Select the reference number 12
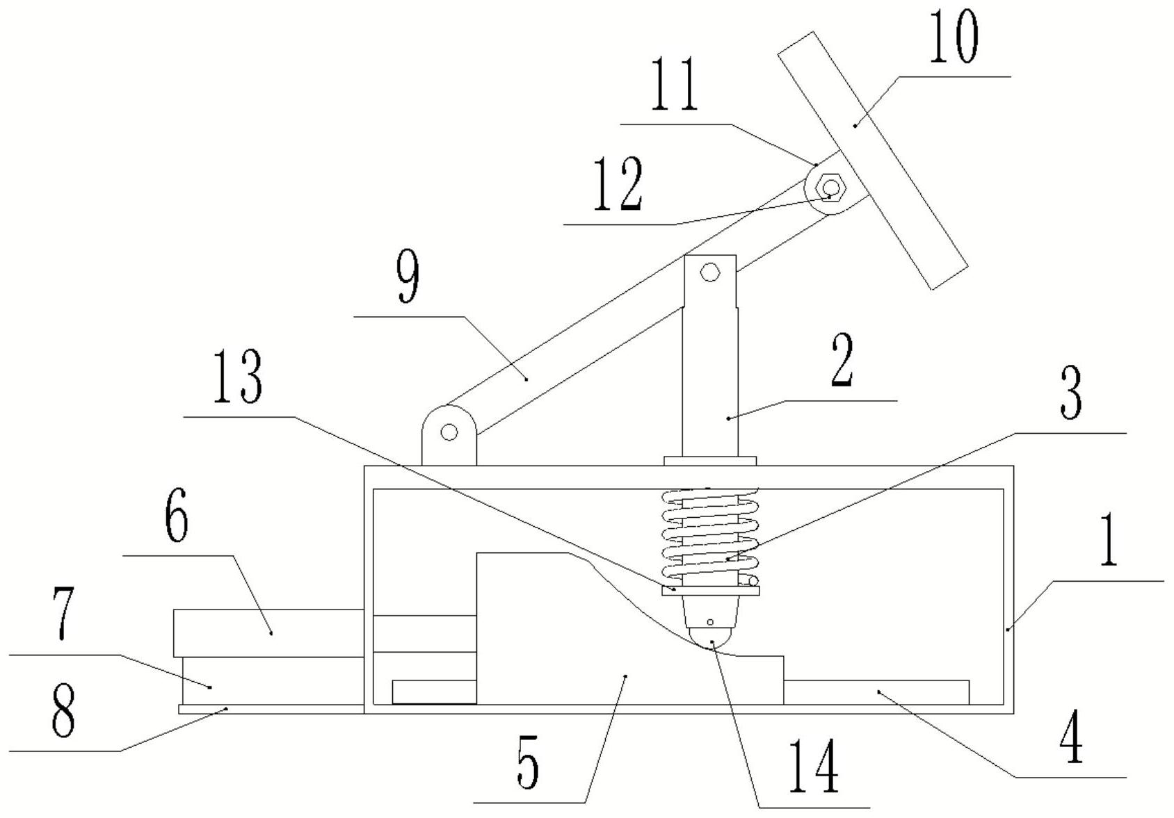click(x=618, y=185)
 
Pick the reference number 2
click(x=842, y=360)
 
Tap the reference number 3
click(x=1070, y=394)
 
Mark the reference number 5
click(x=528, y=765)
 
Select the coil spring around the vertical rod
click(x=709, y=535)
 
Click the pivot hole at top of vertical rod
click(x=709, y=272)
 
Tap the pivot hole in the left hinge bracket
click(x=449, y=432)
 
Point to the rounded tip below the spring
click(x=710, y=636)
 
